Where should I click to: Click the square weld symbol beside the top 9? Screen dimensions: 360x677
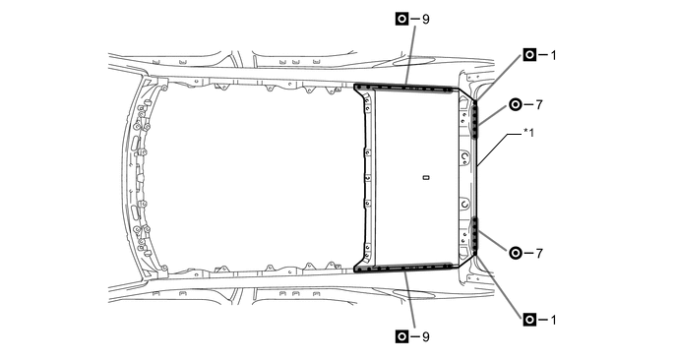point(401,18)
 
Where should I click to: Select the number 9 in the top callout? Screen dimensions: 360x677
point(425,18)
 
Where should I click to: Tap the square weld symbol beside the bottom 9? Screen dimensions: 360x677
point(401,336)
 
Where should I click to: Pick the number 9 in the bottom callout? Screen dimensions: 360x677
point(425,336)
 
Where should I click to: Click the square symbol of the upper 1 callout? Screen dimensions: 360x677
point(529,54)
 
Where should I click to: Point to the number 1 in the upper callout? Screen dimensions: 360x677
point(553,54)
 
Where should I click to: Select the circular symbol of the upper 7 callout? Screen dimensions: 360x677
point(516,103)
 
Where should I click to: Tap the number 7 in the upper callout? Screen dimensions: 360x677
point(539,103)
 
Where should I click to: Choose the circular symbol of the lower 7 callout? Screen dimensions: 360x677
point(516,253)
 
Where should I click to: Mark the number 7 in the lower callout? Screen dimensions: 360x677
point(539,253)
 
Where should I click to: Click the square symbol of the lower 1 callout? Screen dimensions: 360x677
point(529,319)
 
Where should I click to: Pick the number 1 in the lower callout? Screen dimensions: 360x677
point(553,319)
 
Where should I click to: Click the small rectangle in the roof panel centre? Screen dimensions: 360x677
point(425,178)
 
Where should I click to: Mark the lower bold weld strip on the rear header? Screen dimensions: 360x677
point(475,235)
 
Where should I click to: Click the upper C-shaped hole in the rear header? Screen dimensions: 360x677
point(463,154)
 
